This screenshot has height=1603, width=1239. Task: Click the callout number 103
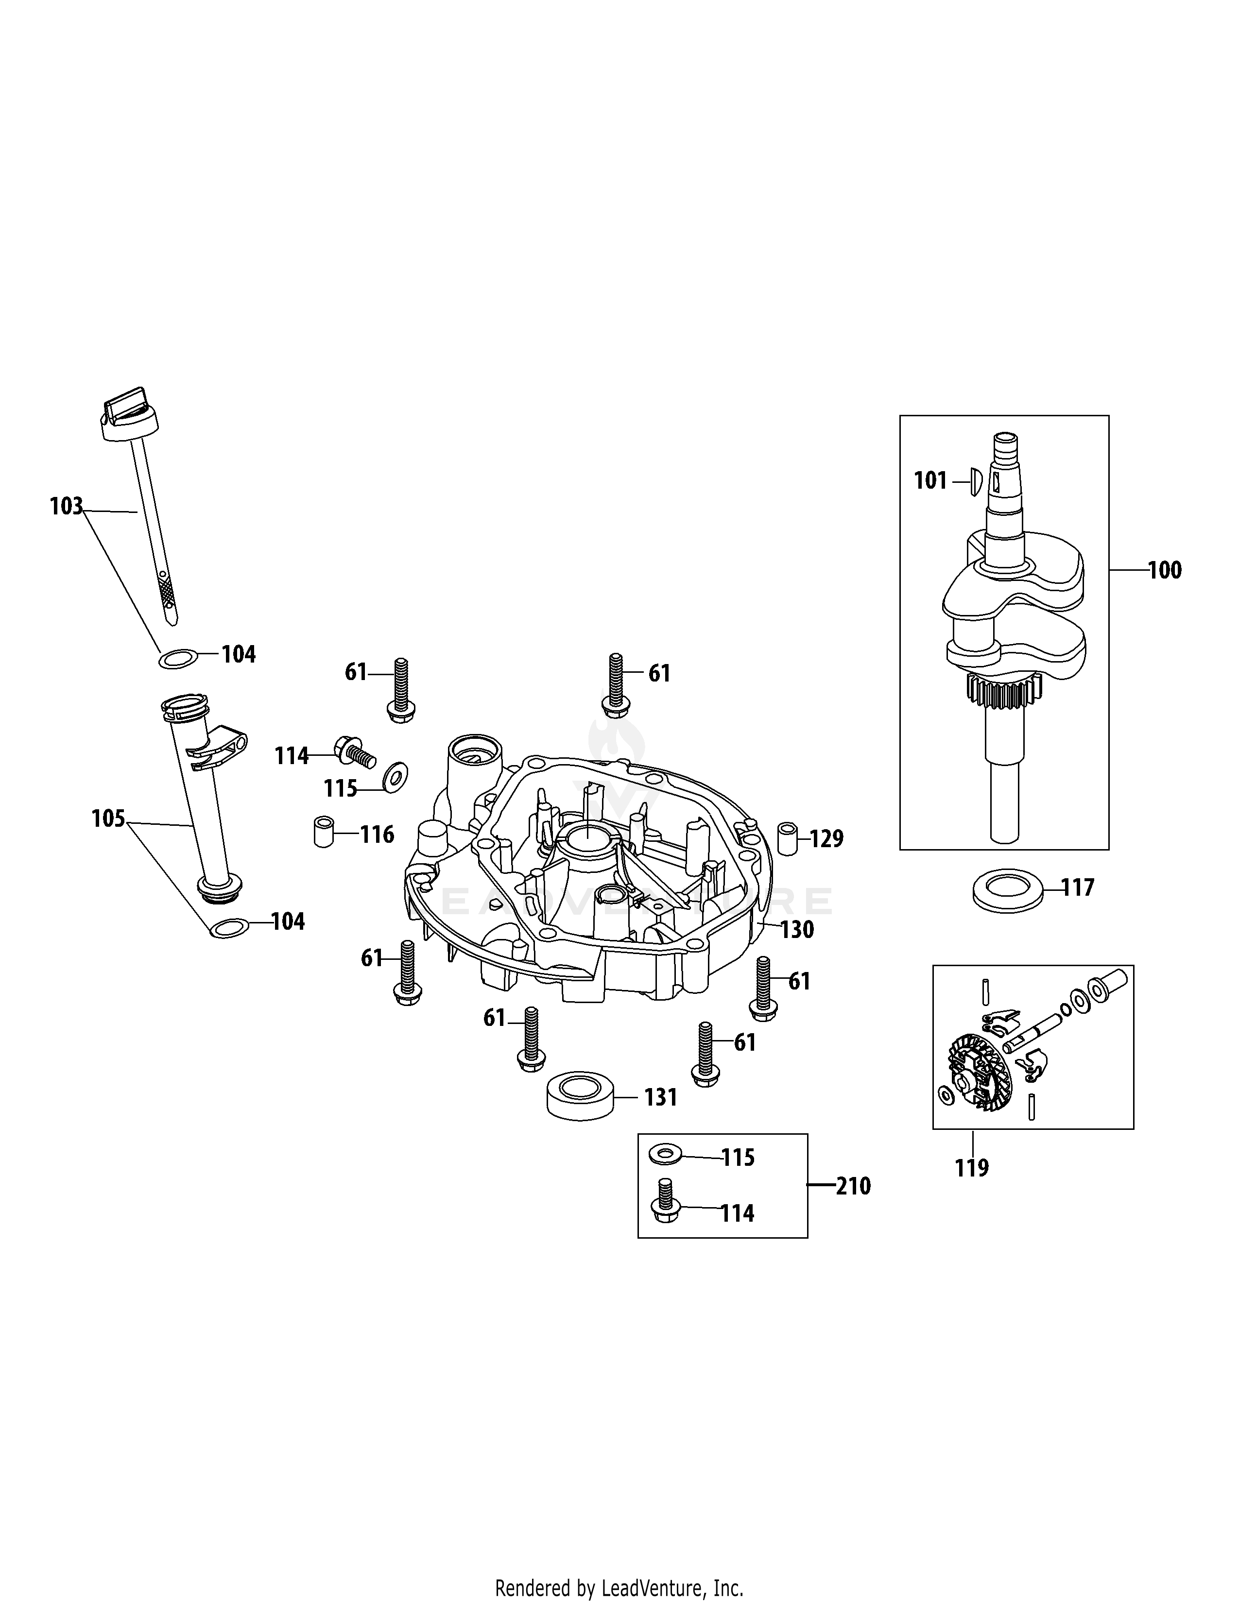tap(66, 507)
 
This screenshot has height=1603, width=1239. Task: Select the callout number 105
tap(108, 819)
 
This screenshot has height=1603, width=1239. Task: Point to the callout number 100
tap(1165, 570)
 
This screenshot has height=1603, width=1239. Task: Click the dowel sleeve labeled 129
tap(788, 839)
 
